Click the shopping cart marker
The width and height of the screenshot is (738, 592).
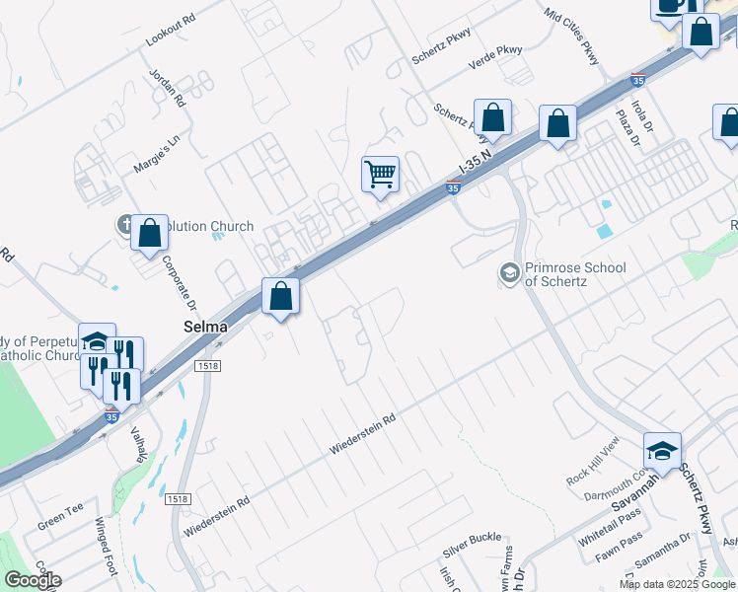380,175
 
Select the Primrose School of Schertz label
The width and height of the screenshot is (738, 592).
561,273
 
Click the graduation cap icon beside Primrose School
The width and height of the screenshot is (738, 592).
509,272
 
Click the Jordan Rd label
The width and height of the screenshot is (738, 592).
168,87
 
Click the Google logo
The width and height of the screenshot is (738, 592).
33,580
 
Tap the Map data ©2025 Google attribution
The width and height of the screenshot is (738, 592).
676,584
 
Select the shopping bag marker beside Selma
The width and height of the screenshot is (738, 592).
281,296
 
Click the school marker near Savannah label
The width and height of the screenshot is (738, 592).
662,451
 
